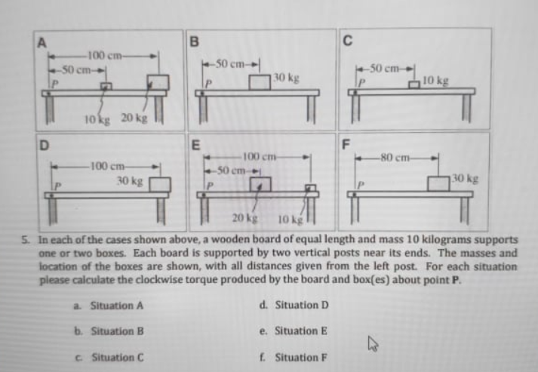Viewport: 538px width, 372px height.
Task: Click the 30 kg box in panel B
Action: [x=260, y=81]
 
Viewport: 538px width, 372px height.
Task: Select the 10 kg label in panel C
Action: [x=436, y=79]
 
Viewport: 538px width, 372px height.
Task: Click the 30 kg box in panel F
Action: [x=438, y=183]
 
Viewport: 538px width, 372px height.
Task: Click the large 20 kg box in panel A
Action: [x=158, y=81]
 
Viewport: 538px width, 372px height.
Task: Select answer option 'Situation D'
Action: [x=299, y=306]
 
